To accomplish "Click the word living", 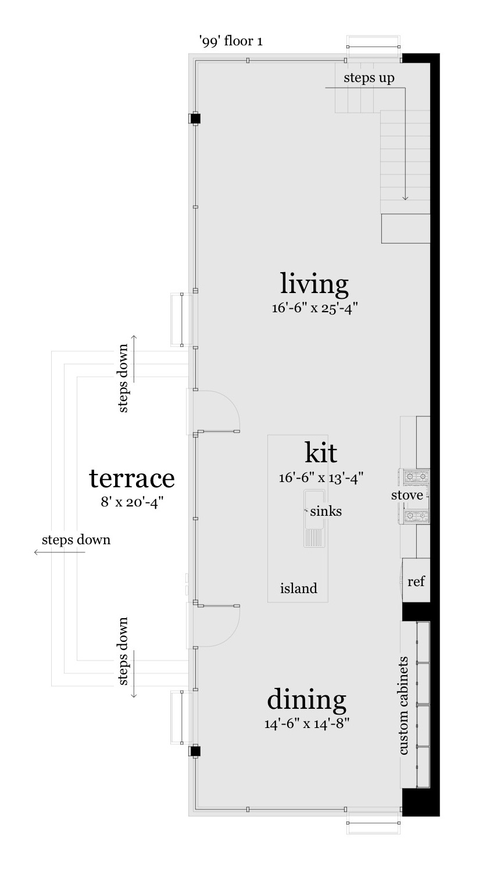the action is (314, 284).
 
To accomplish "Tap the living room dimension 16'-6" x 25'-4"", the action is (315, 309).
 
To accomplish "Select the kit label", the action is (321, 453).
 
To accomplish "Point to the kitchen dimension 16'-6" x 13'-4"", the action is (321, 478).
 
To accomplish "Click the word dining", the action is (306, 700).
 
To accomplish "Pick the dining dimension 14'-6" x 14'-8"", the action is (307, 723).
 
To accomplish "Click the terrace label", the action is (132, 478).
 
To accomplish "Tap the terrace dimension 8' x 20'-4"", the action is (132, 502).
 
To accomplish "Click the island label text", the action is (299, 588).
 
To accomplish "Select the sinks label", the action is (326, 511).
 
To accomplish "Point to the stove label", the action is (407, 495).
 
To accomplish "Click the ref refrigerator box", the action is (416, 580).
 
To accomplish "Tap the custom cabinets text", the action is (404, 705).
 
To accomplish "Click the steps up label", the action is (369, 78).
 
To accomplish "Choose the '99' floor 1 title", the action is (231, 41).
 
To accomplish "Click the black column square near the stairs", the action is (195, 119).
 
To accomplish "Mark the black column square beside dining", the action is (195, 751).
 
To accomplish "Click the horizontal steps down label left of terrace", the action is (76, 540).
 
